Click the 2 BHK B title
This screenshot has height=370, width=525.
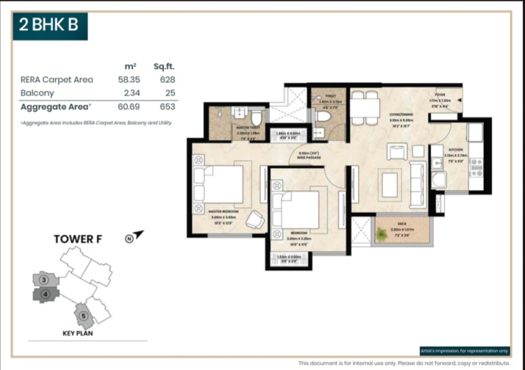(49, 26)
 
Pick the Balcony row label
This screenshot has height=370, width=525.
(37, 93)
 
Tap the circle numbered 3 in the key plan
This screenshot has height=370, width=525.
(43, 280)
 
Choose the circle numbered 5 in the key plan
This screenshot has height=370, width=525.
(83, 316)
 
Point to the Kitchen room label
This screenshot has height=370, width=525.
(456, 150)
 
